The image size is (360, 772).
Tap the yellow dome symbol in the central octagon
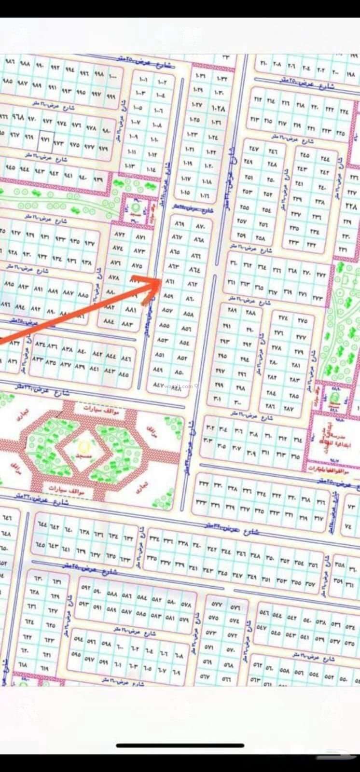point(83,445)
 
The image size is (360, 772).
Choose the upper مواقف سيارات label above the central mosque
point(104,409)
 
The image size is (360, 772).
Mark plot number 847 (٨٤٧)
point(158,385)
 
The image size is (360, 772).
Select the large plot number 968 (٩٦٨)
point(18,117)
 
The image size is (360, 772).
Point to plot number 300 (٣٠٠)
point(238,402)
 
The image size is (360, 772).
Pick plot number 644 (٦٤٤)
point(42,524)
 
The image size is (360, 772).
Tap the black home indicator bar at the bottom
point(180,745)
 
